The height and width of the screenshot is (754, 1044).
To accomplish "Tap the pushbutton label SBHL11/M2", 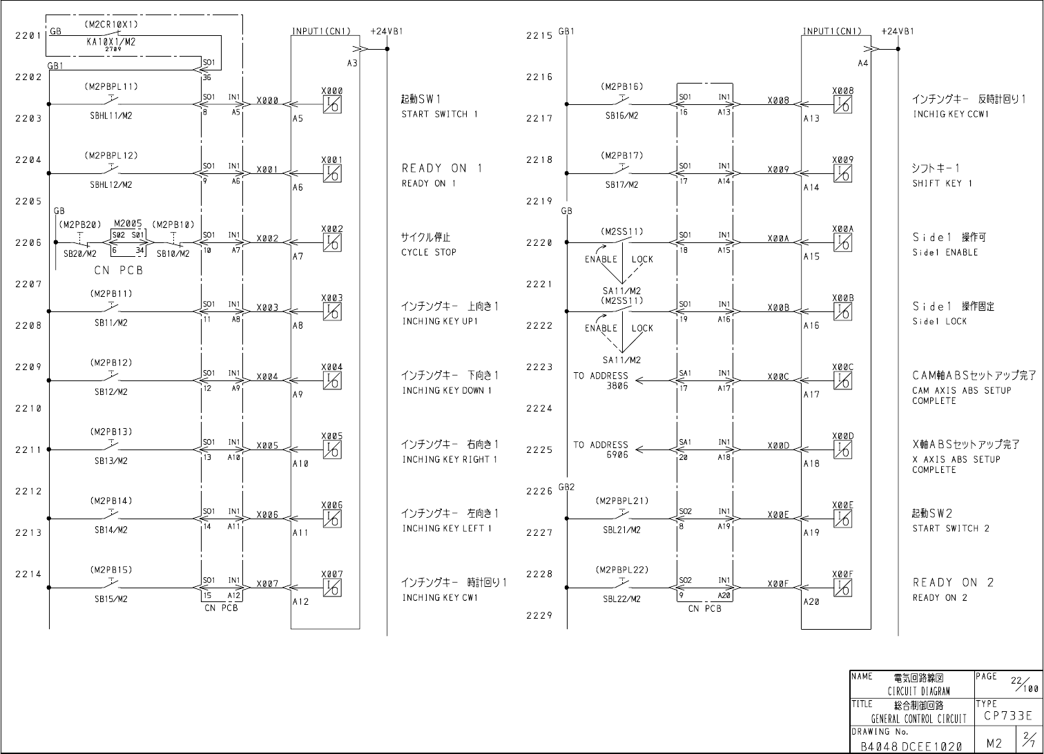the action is point(111,116).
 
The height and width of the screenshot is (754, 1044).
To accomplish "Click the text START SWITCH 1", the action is point(439,114).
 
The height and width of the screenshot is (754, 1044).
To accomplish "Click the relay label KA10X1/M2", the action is point(110,41).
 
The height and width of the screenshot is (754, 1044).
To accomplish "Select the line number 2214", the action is point(28,574).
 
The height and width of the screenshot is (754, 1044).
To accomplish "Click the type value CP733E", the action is point(1005,717).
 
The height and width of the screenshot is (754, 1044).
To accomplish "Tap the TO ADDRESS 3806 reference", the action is point(601,381).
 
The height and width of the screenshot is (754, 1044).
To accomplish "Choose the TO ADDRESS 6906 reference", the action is point(601,450).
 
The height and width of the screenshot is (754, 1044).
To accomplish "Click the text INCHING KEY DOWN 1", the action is point(447,391).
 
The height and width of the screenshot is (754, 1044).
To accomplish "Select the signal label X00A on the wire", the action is point(778,238).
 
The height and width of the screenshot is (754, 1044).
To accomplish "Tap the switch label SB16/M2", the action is point(622,116).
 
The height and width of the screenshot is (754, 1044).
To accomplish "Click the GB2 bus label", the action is point(566,487).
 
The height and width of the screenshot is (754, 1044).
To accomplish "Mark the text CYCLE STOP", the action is point(429,253).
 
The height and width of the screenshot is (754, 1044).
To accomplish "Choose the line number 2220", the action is point(539,243).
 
